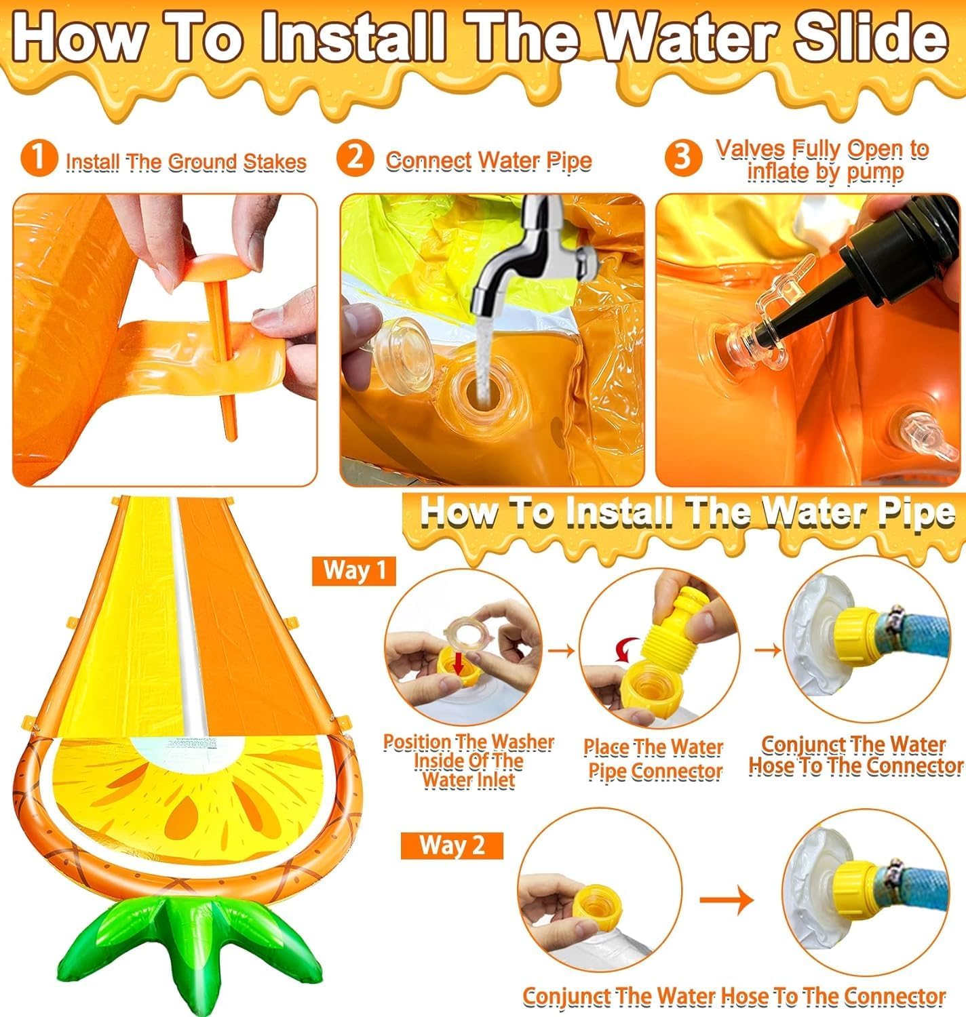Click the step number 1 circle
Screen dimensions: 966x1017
pyautogui.click(x=38, y=158)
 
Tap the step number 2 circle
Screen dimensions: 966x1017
pyautogui.click(x=355, y=158)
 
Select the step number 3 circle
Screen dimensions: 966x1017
pyautogui.click(x=683, y=158)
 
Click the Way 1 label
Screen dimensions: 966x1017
pyautogui.click(x=354, y=571)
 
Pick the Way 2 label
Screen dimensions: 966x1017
pyautogui.click(x=452, y=845)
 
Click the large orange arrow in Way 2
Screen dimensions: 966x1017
pyautogui.click(x=727, y=900)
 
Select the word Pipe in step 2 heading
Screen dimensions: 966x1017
pyautogui.click(x=569, y=161)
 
